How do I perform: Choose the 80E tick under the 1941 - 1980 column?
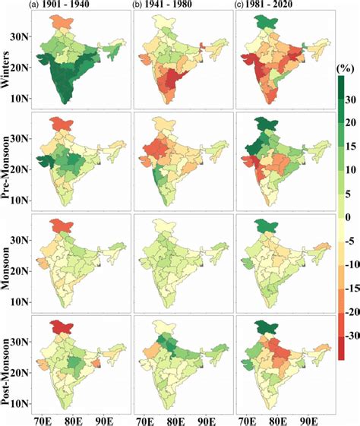[x=174, y=418]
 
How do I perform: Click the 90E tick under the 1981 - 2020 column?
[x=308, y=418]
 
